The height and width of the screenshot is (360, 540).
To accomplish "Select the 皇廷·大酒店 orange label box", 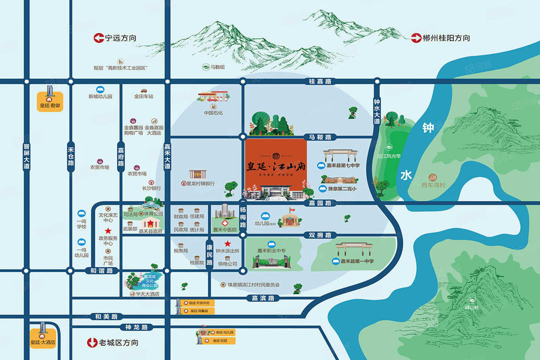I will coord(43,342).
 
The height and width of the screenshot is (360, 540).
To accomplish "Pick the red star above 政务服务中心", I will coord(108,230).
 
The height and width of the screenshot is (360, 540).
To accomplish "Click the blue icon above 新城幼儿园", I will coord(100,90).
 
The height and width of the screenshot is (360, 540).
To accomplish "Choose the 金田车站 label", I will coord(144,97).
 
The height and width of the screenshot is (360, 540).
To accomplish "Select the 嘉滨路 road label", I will coord(263,298).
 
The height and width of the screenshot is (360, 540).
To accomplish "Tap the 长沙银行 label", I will coord(151,188).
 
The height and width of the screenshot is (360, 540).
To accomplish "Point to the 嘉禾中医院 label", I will coord(225,229).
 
